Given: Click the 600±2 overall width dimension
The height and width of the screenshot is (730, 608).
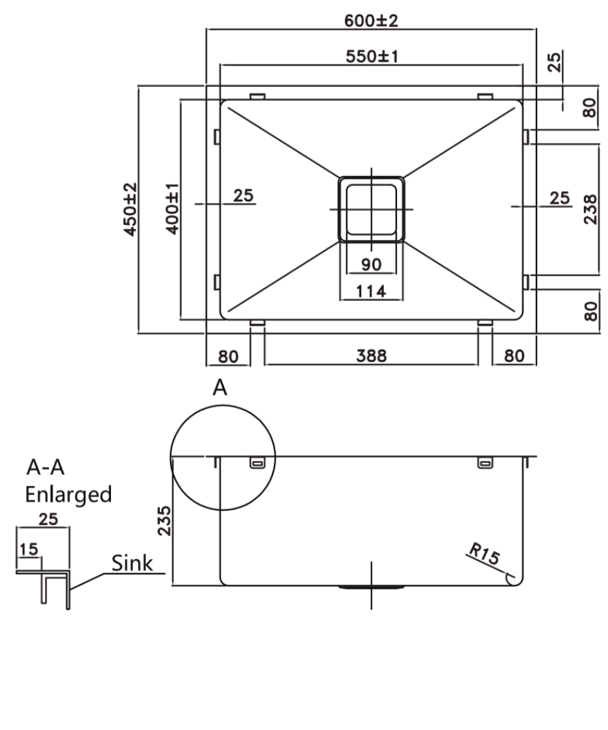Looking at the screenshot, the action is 371,20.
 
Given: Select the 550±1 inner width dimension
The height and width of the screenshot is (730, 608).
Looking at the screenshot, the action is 372,56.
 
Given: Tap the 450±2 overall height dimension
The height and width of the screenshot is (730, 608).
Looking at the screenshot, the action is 131,209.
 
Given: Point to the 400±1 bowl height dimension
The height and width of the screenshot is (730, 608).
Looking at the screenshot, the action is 172,209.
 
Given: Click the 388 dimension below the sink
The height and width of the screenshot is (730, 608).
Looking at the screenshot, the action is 371,356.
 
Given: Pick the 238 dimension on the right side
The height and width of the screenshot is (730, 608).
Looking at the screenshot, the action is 590,210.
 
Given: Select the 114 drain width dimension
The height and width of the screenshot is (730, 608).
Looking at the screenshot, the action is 371,291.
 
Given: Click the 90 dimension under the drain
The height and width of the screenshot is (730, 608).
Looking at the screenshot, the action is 371,264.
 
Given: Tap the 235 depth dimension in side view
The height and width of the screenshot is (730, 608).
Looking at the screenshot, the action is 164,520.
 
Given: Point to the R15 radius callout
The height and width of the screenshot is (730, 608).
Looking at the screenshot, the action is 484,553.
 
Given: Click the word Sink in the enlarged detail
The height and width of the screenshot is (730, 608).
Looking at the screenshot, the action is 132,564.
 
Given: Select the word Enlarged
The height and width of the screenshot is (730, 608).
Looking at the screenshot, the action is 69,494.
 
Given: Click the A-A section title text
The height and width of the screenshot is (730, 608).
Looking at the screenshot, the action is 45,467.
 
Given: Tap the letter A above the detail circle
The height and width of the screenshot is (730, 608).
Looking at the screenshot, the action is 220,388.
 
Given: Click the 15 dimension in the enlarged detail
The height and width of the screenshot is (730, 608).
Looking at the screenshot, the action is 28,549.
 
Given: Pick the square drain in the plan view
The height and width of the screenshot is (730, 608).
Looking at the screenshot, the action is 371,210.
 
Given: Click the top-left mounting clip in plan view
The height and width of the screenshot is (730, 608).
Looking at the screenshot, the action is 258,96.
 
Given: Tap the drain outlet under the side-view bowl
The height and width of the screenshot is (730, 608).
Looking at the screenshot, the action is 371,588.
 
